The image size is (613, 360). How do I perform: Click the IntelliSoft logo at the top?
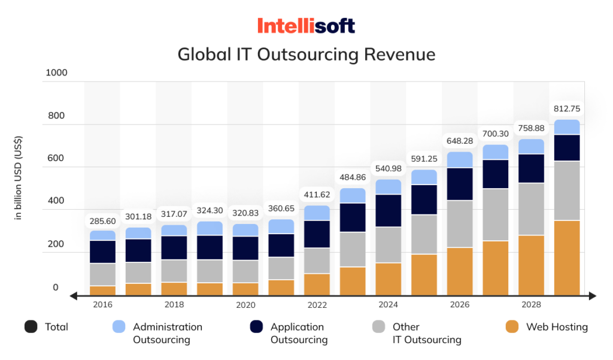(x=306, y=26)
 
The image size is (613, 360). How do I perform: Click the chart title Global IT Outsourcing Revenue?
(x=306, y=55)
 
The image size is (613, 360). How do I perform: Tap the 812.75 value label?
(x=566, y=109)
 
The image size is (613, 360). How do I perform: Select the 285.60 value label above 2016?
(x=102, y=221)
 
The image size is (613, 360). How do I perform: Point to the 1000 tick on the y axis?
(x=56, y=72)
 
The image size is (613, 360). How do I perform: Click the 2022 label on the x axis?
(x=317, y=305)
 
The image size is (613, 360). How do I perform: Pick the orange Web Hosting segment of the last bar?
(x=566, y=258)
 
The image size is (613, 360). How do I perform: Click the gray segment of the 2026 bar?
(x=460, y=224)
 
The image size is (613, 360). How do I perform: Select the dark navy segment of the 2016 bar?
(x=102, y=252)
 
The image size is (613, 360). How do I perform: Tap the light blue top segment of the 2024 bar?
(x=389, y=187)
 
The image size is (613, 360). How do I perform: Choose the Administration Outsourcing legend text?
(x=168, y=333)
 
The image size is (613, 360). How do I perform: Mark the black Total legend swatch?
(x=31, y=327)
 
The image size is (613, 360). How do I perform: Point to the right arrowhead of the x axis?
(x=592, y=295)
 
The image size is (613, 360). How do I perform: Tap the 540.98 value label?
(x=389, y=169)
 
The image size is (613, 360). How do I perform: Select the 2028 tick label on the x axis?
(x=531, y=305)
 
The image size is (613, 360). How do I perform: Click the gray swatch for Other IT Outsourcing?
(x=378, y=327)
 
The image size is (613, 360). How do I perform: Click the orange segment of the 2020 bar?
(x=245, y=289)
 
